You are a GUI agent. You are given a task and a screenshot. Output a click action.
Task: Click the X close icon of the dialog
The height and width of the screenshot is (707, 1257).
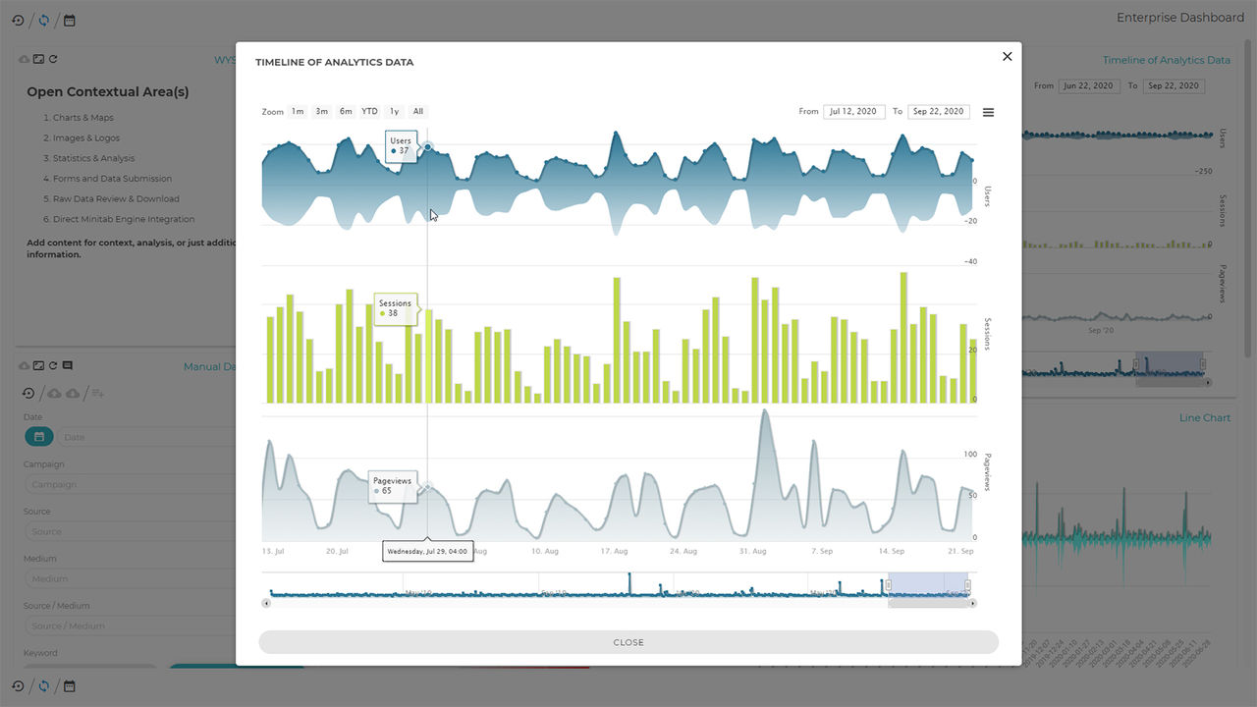pos(1007,57)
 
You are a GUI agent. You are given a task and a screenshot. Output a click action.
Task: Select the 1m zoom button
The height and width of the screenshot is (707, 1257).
pos(298,111)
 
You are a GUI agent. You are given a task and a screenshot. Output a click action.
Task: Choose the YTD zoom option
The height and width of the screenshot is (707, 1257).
pos(369,111)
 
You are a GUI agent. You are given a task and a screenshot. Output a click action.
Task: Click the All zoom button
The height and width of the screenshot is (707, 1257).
pos(418,111)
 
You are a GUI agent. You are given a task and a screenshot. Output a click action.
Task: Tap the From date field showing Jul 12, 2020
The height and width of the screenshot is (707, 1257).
pos(853,112)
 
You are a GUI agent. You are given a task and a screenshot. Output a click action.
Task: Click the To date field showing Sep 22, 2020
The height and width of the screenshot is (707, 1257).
pos(938,112)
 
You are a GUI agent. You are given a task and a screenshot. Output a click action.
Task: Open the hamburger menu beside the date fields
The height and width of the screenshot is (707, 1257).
pos(988,112)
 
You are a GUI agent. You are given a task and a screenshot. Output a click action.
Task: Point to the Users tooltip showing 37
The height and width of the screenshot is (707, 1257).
pos(401,145)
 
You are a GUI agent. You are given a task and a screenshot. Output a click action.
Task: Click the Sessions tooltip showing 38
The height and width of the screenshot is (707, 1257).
pos(395,308)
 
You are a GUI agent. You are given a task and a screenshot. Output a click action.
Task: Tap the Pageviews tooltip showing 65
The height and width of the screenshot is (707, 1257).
pos(392,486)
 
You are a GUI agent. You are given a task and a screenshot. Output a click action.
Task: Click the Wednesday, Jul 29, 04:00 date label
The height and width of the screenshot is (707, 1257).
pos(427,552)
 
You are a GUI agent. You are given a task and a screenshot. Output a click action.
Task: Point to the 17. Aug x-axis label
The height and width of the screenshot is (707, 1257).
pos(613,552)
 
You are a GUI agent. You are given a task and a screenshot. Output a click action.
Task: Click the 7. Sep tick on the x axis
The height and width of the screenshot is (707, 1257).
pos(821,552)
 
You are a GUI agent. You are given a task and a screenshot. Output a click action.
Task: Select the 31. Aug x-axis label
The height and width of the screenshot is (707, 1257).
pos(752,552)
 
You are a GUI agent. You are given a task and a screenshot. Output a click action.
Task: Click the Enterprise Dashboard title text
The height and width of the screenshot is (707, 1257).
pos(1179,18)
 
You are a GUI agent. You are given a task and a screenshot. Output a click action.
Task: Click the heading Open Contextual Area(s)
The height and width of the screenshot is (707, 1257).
pos(108,92)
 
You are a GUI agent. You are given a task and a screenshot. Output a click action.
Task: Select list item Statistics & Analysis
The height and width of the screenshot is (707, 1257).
pos(93,158)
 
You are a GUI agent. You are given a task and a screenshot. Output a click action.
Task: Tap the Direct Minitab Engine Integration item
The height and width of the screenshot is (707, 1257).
pos(124,219)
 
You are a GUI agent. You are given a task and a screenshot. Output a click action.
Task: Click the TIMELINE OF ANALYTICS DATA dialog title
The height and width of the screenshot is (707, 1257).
pos(334,62)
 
